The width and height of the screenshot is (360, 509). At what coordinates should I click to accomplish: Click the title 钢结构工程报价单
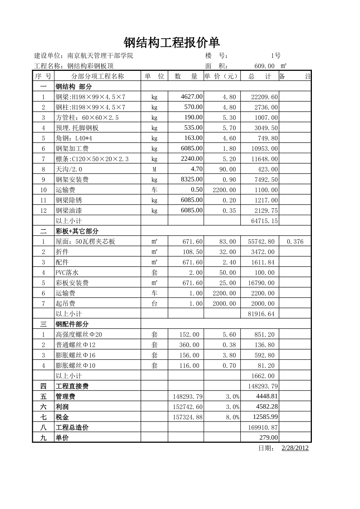172,42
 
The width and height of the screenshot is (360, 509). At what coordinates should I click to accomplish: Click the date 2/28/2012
295,448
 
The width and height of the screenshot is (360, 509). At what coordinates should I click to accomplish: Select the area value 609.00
264,66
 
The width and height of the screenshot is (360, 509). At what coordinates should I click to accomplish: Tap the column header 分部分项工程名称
98,76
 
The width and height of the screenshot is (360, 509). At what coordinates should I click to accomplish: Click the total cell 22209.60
264,97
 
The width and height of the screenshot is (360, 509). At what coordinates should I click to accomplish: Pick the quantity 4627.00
191,97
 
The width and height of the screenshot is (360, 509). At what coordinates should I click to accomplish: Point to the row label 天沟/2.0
69,169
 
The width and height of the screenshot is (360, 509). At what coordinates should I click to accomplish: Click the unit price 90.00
227,169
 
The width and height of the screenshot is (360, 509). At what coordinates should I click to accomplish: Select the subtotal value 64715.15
264,221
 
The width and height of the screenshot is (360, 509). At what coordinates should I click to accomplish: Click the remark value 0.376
295,242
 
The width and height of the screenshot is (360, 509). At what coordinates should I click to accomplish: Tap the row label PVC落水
67,273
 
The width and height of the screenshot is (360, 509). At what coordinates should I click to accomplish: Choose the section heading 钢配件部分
72,324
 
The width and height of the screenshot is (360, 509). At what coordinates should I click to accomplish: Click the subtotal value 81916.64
261,314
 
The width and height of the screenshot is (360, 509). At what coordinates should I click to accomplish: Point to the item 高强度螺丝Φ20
79,334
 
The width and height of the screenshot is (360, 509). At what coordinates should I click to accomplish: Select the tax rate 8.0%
232,417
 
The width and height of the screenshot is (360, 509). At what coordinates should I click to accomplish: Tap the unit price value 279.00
269,437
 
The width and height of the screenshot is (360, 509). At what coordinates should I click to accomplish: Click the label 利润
62,407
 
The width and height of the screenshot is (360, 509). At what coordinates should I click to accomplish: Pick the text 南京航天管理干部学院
100,56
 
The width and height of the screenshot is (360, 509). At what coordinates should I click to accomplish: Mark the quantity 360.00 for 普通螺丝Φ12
189,345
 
